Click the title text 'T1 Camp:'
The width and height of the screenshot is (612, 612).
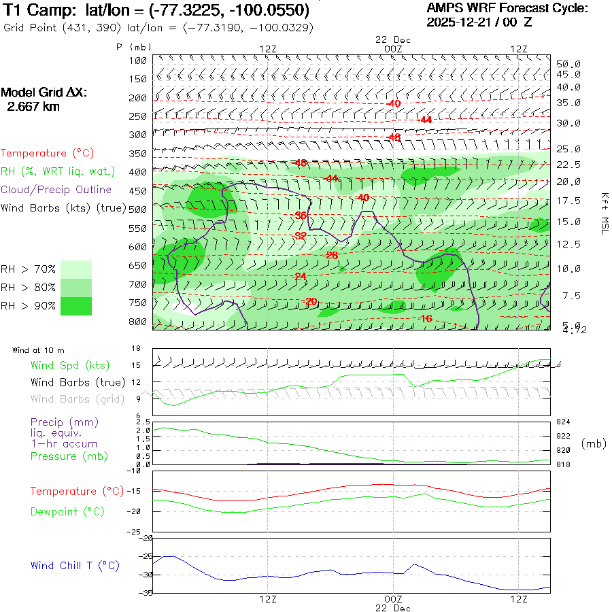coord(41,10)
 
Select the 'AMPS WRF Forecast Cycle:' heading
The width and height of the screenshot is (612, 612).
coord(507,8)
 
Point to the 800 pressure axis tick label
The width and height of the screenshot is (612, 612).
coord(137,321)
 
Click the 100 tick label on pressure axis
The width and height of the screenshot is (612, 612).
coord(137,61)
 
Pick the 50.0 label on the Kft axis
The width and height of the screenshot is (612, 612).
coord(568,63)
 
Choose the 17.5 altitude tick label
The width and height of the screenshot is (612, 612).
coord(568,201)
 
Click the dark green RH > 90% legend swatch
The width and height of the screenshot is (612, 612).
coord(76,306)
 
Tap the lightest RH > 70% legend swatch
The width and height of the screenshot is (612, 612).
coord(76,269)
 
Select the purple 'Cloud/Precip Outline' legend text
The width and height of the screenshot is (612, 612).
coord(56,190)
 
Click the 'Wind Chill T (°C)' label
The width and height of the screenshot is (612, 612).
coord(75,565)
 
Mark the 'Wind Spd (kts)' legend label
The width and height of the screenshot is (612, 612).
coord(70,366)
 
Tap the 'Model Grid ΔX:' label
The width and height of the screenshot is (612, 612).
coord(44,92)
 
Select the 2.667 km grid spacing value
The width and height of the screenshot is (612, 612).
coord(33,107)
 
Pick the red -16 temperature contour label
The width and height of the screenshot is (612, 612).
coord(426,318)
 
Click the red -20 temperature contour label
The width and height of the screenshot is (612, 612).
coord(311,301)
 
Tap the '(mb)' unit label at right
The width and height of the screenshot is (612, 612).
coord(594,443)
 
